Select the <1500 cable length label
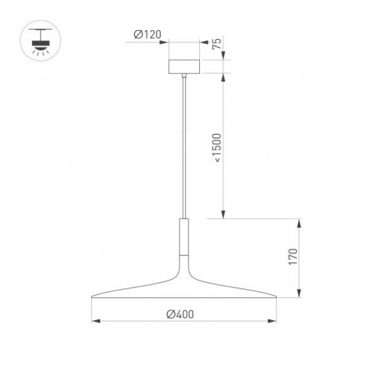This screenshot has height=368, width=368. pyautogui.click(x=217, y=147)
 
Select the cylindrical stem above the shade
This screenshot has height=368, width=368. pyautogui.click(x=184, y=238)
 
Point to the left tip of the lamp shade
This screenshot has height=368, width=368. pyautogui.click(x=94, y=296)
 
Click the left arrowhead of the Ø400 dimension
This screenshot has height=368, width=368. pyautogui.click(x=96, y=321)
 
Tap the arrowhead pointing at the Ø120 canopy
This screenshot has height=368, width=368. pyautogui.click(x=165, y=42)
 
